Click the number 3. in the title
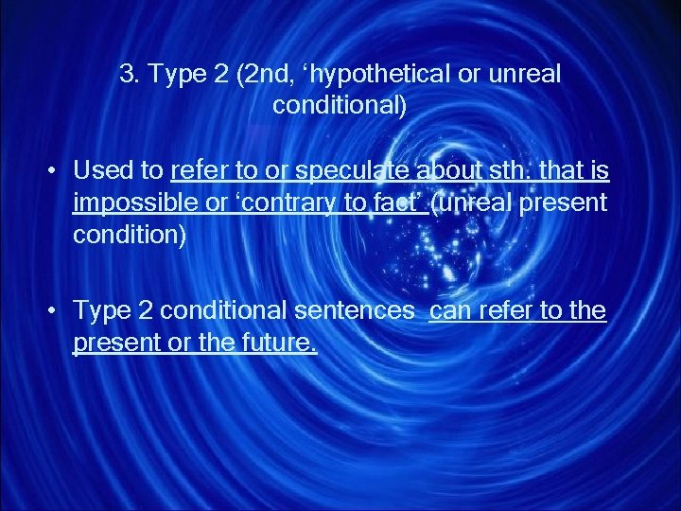[x=130, y=75]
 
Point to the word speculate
[x=355, y=171]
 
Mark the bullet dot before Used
[x=55, y=172]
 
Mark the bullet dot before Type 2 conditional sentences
[x=55, y=312]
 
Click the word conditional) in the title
[x=340, y=105]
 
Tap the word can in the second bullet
[x=450, y=311]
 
